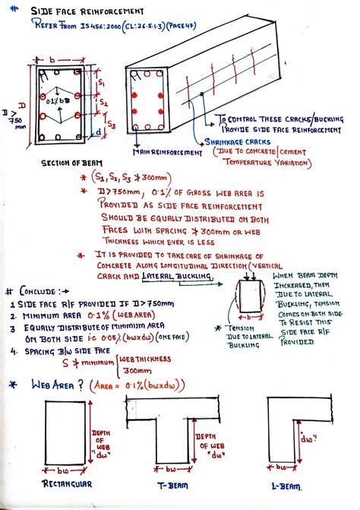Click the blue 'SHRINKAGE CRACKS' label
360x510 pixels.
235,141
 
